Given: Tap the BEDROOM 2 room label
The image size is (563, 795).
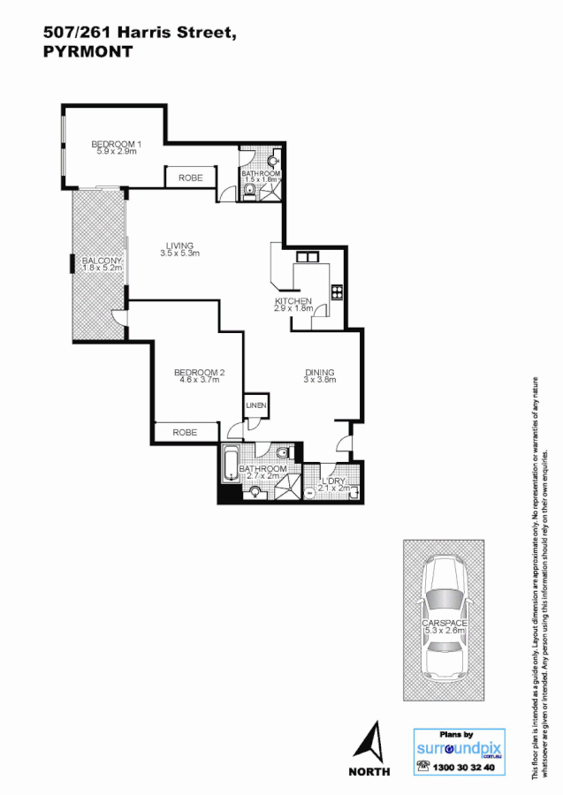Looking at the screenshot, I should tap(199, 373).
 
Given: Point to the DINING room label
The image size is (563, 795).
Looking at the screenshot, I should tap(319, 373).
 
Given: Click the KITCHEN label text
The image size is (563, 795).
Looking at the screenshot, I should tap(293, 301).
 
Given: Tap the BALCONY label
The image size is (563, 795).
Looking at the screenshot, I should tap(102, 261).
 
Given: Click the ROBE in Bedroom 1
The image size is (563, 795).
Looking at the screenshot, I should tap(191, 178).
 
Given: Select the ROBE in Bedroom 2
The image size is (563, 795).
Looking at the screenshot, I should tap(185, 432).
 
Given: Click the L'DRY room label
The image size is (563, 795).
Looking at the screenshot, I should tap(333, 481).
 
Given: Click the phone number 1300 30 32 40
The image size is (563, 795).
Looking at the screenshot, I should tap(468, 768).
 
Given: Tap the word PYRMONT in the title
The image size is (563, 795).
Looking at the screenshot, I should tap(87, 52).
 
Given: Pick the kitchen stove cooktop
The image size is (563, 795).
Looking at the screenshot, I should tap(336, 292).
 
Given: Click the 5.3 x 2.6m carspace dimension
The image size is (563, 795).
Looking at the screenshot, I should tap(445, 632).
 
